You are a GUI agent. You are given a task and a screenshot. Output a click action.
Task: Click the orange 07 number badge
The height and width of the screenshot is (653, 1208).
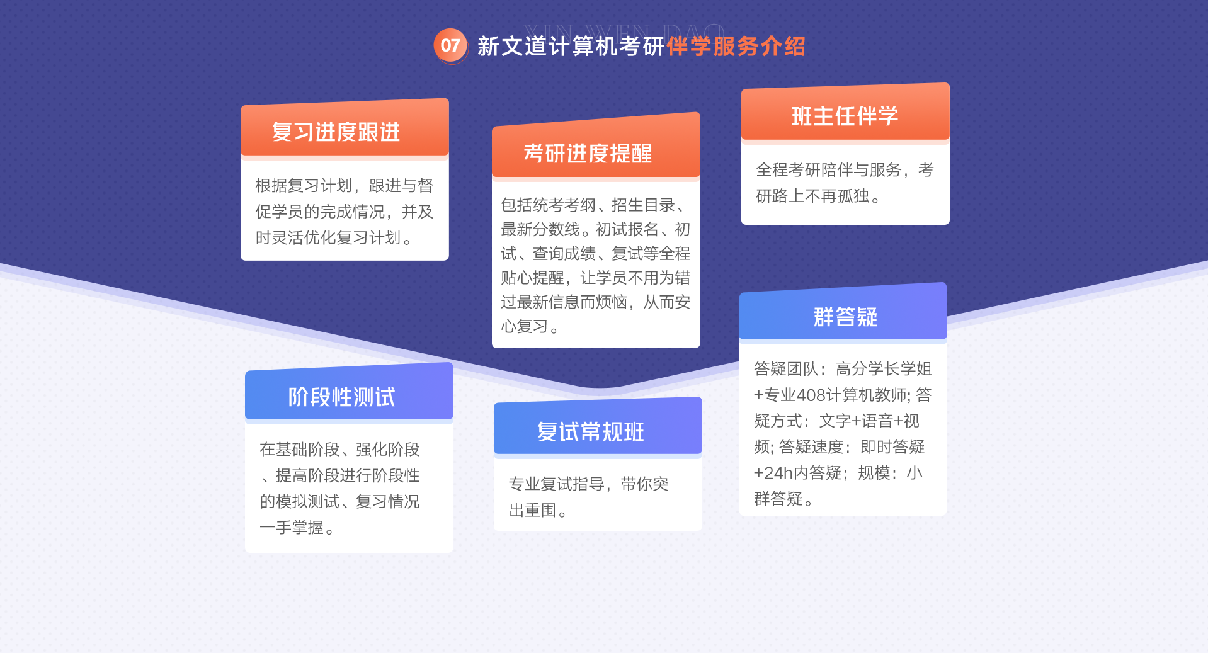pos(450,45)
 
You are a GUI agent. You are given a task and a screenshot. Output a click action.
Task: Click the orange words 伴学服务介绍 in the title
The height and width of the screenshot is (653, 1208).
pos(736,46)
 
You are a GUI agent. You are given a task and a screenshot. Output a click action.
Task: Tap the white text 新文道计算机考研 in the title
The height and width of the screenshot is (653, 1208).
pos(571,46)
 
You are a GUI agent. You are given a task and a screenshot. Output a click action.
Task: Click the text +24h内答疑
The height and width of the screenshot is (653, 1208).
pos(797,473)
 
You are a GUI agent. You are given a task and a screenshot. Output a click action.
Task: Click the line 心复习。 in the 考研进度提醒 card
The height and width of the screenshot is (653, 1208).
pos(530,326)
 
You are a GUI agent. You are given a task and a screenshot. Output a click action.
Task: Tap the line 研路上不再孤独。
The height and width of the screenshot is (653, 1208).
pos(818,196)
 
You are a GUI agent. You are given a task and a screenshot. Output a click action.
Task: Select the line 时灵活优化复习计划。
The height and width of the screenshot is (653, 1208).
pos(334,237)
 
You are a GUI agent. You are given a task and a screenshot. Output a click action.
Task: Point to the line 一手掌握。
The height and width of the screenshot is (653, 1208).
pos(297,528)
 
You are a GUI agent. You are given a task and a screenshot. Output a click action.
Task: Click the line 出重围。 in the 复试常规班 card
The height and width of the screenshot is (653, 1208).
pos(538,510)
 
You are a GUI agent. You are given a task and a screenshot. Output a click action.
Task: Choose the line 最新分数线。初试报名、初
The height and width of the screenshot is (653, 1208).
pos(596,229)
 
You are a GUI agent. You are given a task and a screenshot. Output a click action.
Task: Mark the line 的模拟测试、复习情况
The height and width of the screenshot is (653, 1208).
pos(339,501)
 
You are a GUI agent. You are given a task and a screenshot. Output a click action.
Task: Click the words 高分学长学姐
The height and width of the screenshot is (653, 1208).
pos(884,368)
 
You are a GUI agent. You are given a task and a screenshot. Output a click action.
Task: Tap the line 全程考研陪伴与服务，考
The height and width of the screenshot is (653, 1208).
pos(845,169)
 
